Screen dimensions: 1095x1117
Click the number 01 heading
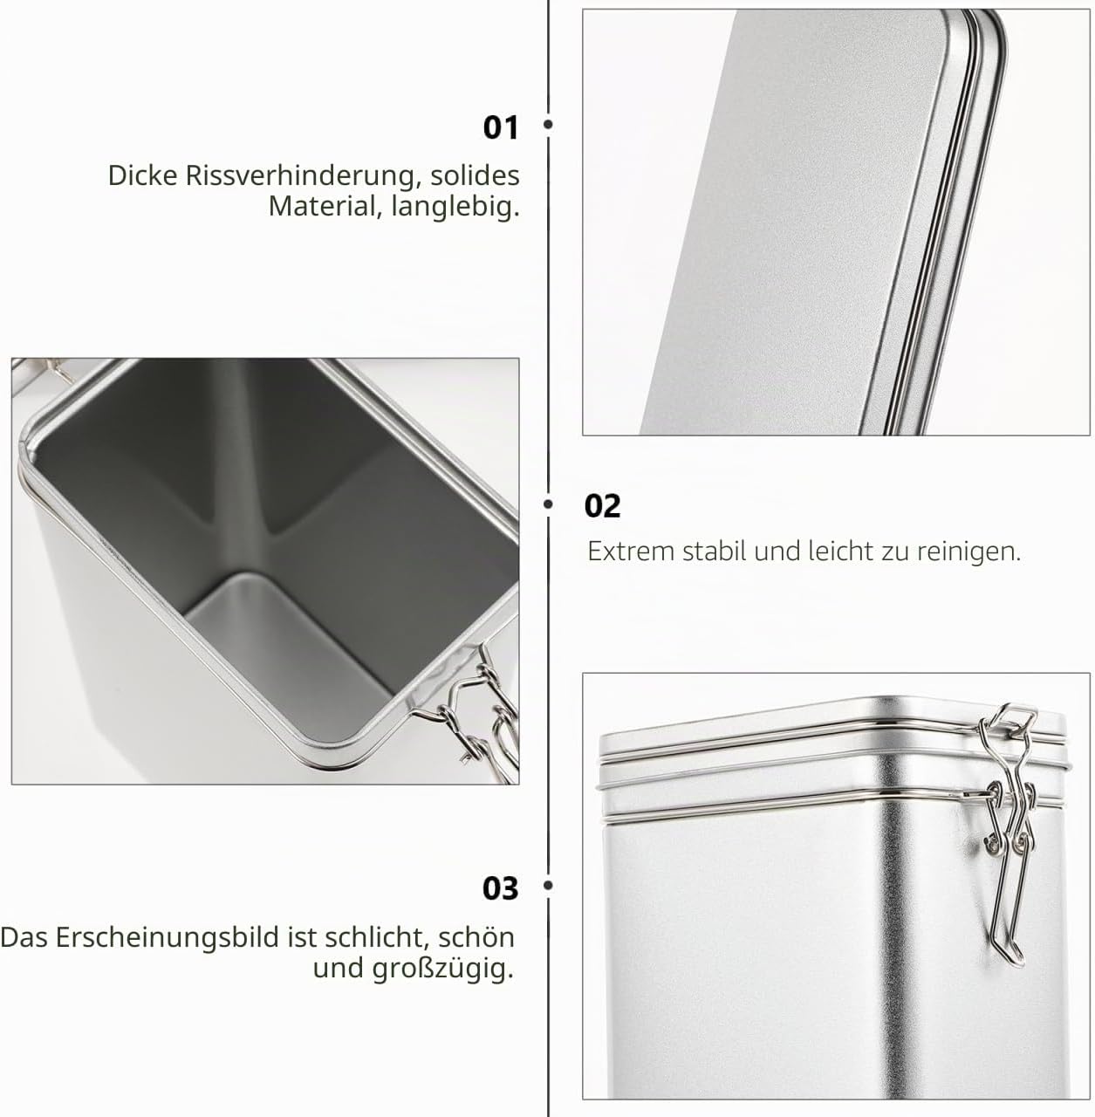[501, 127]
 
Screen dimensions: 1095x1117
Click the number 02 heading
[602, 506]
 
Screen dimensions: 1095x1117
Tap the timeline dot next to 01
[548, 124]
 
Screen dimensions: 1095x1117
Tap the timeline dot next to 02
[548, 504]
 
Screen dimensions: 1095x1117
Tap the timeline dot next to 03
[548, 885]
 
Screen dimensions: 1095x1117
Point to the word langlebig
[455, 208]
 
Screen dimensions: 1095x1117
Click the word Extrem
[631, 552]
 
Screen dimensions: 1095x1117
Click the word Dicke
[142, 175]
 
